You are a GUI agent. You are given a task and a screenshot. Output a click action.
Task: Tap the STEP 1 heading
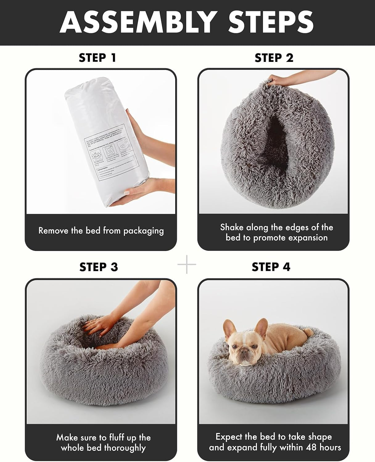(97, 58)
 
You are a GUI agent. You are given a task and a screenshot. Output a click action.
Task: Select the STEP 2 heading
(274, 58)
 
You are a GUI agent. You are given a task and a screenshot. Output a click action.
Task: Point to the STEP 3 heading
(99, 267)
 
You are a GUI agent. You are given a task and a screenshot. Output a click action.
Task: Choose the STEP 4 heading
(271, 267)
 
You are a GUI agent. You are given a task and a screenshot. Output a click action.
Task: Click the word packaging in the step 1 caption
(143, 231)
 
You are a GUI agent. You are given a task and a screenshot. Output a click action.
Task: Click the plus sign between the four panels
(187, 264)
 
